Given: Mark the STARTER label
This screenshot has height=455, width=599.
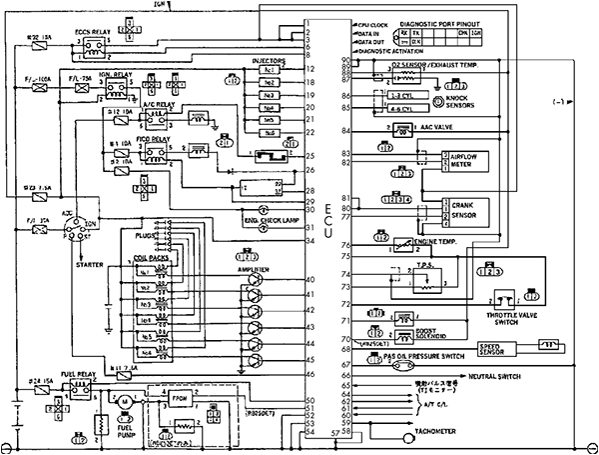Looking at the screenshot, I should pyautogui.click(x=75, y=266).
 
